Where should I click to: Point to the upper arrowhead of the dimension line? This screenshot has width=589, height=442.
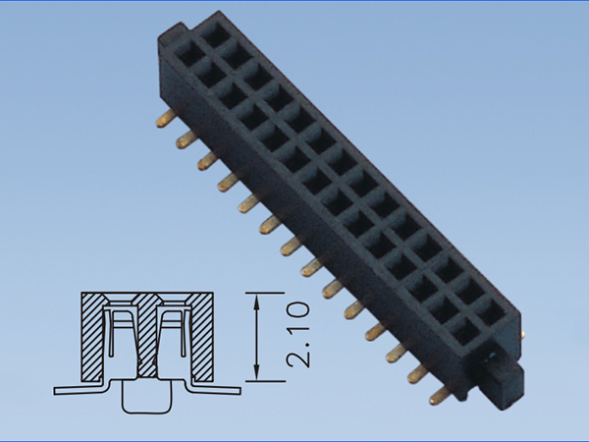point(256,300)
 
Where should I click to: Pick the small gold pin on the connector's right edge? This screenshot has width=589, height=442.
point(522,332)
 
